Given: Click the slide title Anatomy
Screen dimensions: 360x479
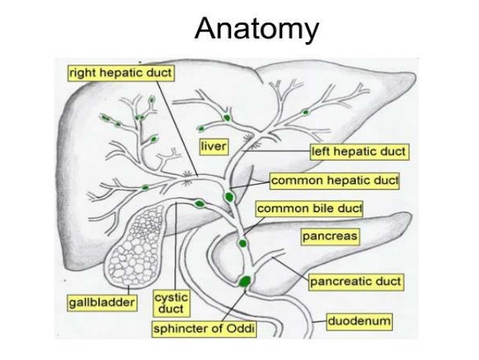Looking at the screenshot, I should [x=256, y=29].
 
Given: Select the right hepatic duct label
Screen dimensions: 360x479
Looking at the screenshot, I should [x=120, y=73].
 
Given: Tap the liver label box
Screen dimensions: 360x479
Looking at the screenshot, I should [x=213, y=144].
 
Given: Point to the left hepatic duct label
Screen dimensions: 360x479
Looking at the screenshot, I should [x=359, y=152].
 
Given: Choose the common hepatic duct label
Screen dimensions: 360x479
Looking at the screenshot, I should [x=334, y=181].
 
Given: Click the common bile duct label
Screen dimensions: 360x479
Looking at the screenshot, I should [x=309, y=207].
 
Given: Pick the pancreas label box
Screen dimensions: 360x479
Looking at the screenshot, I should [x=330, y=237].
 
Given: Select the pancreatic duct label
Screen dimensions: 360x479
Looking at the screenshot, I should [x=356, y=282].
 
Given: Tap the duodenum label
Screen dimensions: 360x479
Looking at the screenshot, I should [x=360, y=322].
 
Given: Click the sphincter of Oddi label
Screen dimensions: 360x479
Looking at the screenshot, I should [x=204, y=329].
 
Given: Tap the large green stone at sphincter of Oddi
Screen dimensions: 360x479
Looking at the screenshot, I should [x=246, y=282].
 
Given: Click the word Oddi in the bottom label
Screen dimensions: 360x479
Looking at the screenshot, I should [x=240, y=329].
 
